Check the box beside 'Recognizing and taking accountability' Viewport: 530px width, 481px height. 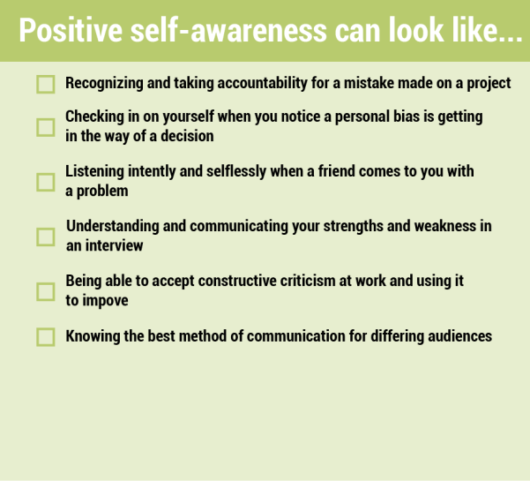tap(46, 84)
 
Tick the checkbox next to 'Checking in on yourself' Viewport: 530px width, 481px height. tap(46, 127)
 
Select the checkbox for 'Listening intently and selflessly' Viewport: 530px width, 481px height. tap(46, 183)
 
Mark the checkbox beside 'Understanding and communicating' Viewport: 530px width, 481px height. tap(46, 237)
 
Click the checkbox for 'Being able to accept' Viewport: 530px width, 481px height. tap(46, 291)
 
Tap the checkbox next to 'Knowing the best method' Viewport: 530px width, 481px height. tap(46, 337)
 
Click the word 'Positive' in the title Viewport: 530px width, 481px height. tap(71, 30)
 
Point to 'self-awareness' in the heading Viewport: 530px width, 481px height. tap(228, 30)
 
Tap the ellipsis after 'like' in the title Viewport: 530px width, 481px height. tap(511, 38)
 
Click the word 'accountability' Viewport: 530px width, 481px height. tap(262, 83)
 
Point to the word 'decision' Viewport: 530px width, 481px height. tap(187, 136)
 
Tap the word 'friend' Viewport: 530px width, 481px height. tap(337, 171)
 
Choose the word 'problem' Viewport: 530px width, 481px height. tap(102, 192)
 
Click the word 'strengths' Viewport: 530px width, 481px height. tap(354, 226)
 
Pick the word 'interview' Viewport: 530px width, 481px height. tap(115, 245)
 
